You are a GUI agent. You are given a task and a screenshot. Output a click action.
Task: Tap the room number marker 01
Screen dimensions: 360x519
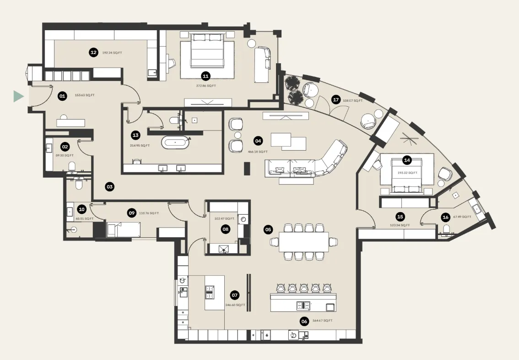pos(62,96)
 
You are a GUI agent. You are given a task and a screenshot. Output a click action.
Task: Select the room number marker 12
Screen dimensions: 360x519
pos(93,53)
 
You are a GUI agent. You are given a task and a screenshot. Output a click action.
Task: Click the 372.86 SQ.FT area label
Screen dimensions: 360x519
pos(205,86)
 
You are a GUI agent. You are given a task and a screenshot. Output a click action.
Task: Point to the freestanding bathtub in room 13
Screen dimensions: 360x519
pos(175,142)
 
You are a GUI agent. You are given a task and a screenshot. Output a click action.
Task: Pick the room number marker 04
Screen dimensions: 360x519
pos(258,141)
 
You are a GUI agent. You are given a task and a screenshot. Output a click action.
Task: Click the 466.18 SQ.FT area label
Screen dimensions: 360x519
pos(258,151)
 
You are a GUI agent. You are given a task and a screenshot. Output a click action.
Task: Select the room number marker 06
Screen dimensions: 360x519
pos(304,321)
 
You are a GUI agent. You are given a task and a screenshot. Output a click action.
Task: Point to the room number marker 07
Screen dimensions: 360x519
pos(235,295)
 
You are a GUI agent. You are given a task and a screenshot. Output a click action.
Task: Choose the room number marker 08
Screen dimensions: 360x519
pos(225,229)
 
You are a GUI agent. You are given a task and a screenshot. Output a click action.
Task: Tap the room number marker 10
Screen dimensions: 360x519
pos(81,209)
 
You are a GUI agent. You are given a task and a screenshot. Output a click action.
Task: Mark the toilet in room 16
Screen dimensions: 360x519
pos(447,229)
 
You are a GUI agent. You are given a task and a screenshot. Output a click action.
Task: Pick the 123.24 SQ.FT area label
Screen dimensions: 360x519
pos(400,225)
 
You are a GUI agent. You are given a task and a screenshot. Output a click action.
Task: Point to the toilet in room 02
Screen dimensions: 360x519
pos(71,165)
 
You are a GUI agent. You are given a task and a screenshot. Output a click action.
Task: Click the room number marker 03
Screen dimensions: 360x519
pos(109,186)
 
